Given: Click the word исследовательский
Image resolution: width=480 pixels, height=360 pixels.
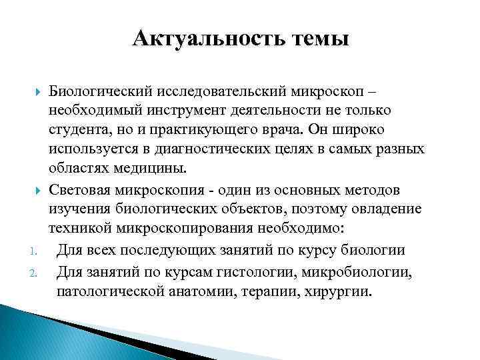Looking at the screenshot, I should click(218, 90).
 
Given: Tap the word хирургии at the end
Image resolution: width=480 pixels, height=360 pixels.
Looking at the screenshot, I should click(343, 291).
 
